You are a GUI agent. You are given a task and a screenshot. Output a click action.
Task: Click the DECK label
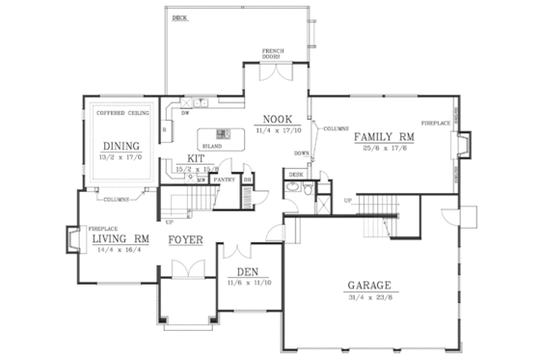click(179, 18)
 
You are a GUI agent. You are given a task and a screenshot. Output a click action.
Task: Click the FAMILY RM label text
click(385, 136)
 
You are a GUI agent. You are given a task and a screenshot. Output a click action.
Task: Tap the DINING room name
click(121, 147)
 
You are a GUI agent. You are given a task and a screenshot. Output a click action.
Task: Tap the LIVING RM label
click(119, 237)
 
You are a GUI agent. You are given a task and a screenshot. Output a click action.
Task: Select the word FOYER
click(185, 239)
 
